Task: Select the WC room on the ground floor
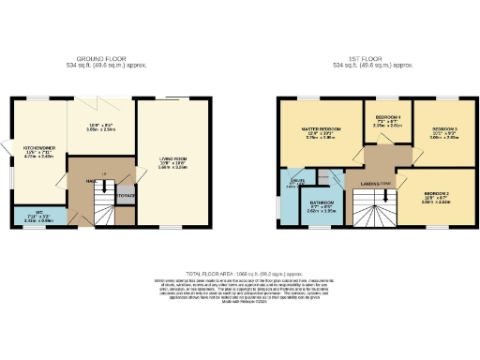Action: [38, 215]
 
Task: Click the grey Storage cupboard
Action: [126, 195]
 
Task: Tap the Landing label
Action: [361, 183]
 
